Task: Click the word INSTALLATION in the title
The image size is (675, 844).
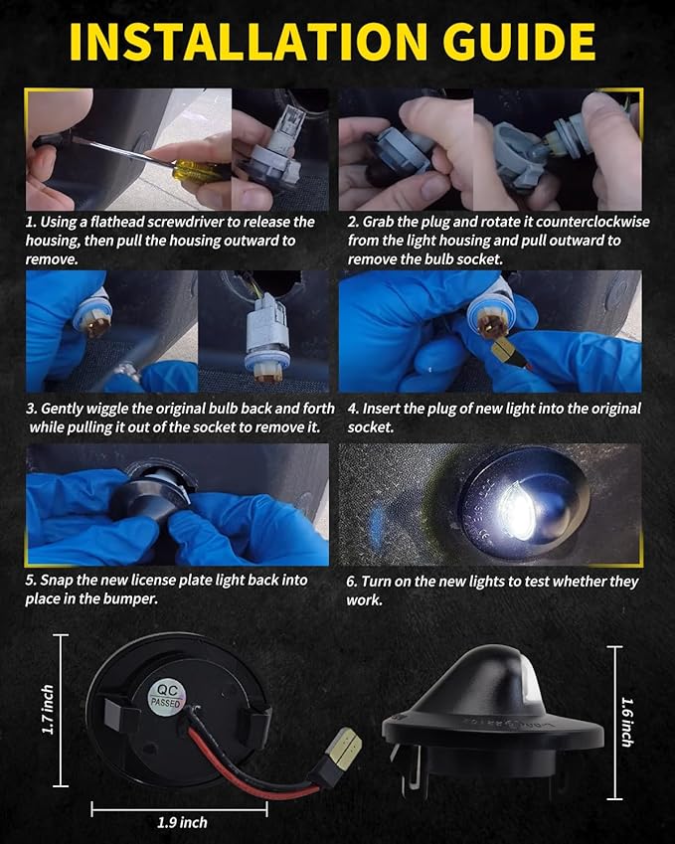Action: tap(249, 42)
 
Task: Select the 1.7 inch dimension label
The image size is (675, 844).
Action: tap(48, 710)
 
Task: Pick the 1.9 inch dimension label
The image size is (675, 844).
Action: tap(182, 822)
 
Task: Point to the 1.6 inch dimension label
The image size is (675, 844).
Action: tap(627, 722)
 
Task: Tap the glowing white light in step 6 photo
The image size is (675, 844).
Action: tap(517, 509)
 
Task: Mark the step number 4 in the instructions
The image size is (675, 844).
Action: tap(353, 409)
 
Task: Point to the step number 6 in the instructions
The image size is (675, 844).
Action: tap(352, 582)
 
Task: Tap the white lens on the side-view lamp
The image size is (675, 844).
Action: tap(529, 679)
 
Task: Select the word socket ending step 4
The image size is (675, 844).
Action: tap(371, 427)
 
